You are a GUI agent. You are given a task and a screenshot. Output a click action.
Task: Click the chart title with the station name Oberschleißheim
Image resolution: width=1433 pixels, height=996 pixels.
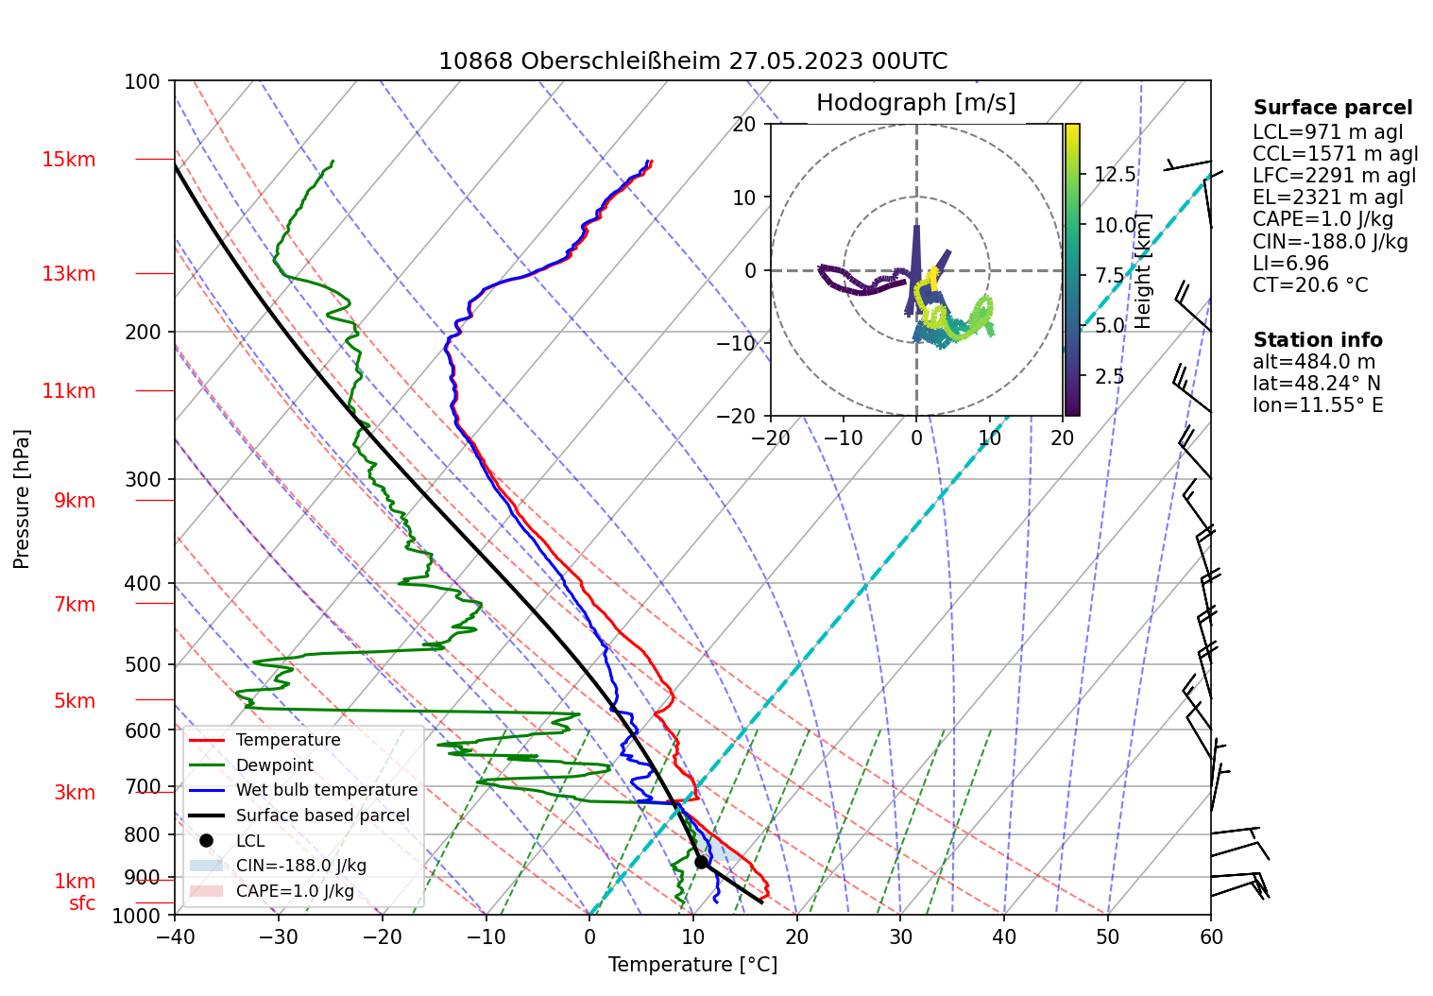[692, 61]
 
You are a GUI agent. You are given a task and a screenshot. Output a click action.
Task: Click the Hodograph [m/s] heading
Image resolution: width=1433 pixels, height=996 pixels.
[915, 103]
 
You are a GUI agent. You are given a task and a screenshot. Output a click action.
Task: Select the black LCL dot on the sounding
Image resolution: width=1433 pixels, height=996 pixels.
[701, 862]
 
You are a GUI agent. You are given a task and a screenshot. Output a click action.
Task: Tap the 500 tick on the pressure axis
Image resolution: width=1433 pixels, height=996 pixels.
[143, 664]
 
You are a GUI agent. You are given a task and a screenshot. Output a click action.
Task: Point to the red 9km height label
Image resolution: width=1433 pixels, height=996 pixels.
[75, 501]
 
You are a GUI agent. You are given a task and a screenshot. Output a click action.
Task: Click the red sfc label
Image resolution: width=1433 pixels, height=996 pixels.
[82, 903]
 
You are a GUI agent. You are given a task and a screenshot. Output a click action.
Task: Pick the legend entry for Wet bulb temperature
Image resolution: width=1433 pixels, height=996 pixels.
[326, 790]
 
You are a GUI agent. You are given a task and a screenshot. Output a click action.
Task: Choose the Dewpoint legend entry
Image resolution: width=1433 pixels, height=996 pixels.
[274, 765]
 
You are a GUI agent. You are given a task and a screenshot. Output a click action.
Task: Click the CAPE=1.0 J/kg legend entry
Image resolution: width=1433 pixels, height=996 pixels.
[295, 891]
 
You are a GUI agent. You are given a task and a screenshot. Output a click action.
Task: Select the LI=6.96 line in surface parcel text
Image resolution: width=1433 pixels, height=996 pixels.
[1290, 264]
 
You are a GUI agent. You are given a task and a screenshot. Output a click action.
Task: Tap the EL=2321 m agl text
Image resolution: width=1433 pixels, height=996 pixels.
[1328, 197]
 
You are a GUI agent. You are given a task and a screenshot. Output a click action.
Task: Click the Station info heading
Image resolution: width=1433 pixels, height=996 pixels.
[1318, 340]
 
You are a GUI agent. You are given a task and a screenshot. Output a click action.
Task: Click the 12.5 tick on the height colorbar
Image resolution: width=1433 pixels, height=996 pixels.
[1115, 175]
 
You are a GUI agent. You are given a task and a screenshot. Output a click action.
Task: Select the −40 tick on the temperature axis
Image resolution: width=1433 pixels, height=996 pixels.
[175, 936]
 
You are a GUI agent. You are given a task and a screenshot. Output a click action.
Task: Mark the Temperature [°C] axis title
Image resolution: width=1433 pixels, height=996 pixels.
[692, 965]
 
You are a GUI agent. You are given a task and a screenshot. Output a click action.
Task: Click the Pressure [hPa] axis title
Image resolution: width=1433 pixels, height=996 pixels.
[22, 499]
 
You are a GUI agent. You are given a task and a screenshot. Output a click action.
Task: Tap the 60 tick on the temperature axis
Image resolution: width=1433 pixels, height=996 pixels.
[1211, 936]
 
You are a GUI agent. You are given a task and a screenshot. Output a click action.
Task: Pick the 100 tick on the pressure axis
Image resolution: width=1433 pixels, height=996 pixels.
[143, 81]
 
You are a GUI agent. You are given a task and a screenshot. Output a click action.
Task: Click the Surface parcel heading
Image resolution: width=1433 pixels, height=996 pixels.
[1333, 108]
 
